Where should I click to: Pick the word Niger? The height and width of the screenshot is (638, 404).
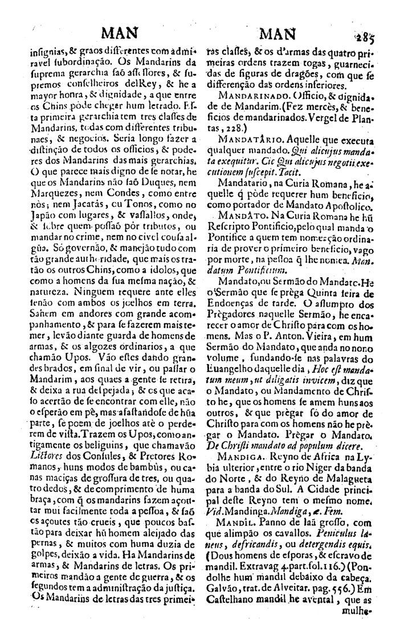308,455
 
